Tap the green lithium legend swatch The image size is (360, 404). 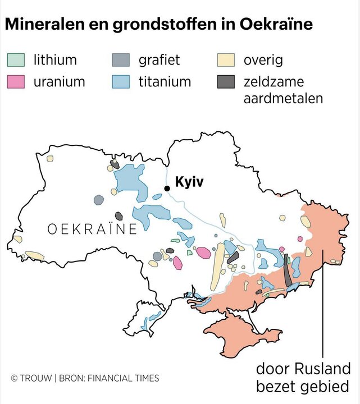pos(16,59)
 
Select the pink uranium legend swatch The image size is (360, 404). pos(16,81)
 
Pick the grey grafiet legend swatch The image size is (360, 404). pos(121,59)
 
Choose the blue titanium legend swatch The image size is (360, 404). pos(121,81)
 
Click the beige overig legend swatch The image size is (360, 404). pos(226,59)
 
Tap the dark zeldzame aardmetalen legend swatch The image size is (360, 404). pos(226,81)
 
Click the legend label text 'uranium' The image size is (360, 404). pos(59,82)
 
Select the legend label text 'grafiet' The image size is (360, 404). pos(159,59)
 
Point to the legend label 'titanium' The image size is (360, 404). pos(165,82)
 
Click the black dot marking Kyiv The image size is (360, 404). pos(166,189)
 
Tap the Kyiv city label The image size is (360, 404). pos(189,182)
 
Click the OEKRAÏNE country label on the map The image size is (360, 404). pos(92,229)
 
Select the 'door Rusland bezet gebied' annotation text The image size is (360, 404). pos(303,378)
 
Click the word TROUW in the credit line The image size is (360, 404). pos(35,378)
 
